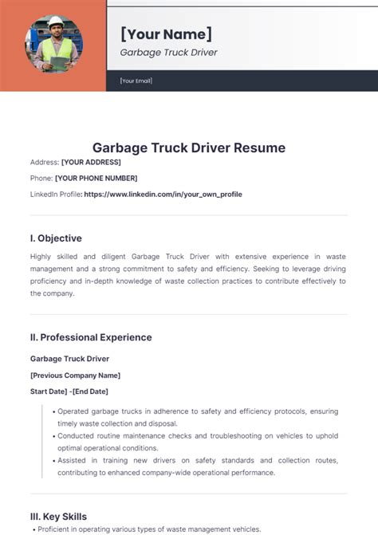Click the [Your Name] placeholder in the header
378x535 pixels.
click(166, 33)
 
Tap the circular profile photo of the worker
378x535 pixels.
click(53, 45)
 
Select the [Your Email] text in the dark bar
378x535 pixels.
click(136, 81)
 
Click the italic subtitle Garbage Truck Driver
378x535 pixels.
click(168, 53)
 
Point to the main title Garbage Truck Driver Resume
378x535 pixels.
click(189, 148)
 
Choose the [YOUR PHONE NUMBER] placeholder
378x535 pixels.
click(96, 178)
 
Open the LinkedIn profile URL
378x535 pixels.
click(163, 194)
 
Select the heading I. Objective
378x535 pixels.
click(56, 238)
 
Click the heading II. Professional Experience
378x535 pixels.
click(91, 337)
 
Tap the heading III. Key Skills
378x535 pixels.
click(58, 516)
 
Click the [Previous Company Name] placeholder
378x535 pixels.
click(75, 375)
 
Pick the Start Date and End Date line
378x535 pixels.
click(69, 391)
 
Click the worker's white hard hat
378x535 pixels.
click(56, 22)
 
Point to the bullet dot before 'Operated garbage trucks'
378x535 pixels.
click(53, 411)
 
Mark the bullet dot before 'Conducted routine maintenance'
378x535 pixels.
click(53, 436)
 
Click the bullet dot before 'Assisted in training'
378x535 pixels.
click(53, 461)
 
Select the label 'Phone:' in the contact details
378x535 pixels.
click(41, 178)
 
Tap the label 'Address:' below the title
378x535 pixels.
click(45, 162)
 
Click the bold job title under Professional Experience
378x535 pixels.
click(69, 359)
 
